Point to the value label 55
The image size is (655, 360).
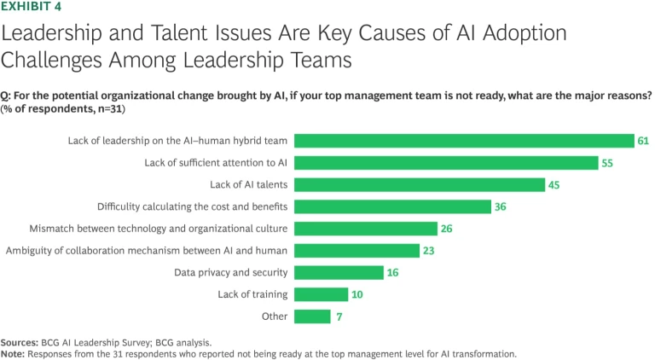607,163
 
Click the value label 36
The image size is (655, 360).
501,206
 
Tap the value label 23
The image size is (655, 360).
429,251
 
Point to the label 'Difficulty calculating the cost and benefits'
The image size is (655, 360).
192,206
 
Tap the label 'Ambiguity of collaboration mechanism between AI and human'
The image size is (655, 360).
146,251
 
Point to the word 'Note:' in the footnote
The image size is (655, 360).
13,351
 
